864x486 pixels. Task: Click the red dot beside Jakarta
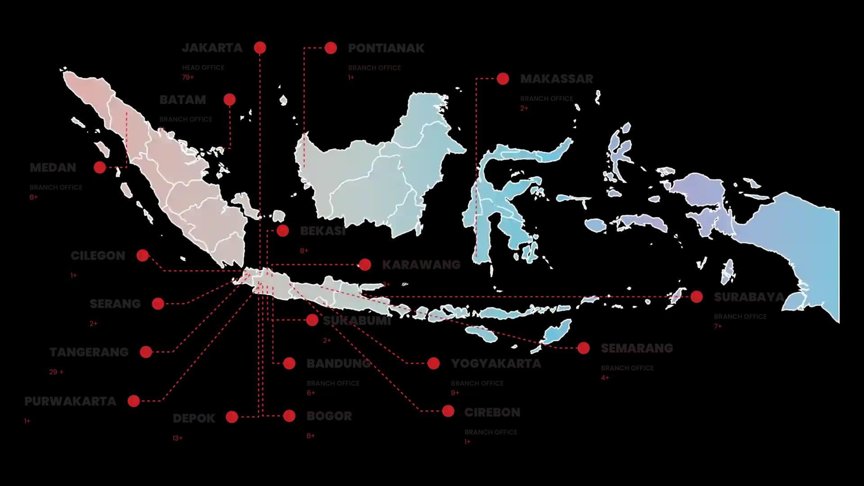tap(260, 47)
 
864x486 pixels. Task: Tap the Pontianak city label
tap(386, 48)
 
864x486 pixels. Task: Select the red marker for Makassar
tap(503, 79)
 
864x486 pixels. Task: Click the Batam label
tap(183, 100)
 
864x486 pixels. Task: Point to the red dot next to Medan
tap(100, 167)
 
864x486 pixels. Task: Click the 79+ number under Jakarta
tap(188, 77)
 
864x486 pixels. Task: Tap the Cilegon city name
tap(98, 256)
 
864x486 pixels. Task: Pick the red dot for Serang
tap(158, 304)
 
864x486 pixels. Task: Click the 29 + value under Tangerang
tap(56, 372)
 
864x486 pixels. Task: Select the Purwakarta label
tap(70, 401)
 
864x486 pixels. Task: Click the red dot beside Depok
tap(232, 417)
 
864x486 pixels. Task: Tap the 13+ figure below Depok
tap(177, 438)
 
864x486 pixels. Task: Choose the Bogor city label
tap(329, 416)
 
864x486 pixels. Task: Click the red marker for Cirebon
tap(448, 411)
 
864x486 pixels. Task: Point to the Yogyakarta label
tap(496, 364)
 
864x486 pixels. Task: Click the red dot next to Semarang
tap(584, 348)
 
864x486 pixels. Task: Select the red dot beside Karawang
tap(365, 265)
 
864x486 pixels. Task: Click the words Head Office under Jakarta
tap(203, 67)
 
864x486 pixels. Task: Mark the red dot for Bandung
tap(289, 363)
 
